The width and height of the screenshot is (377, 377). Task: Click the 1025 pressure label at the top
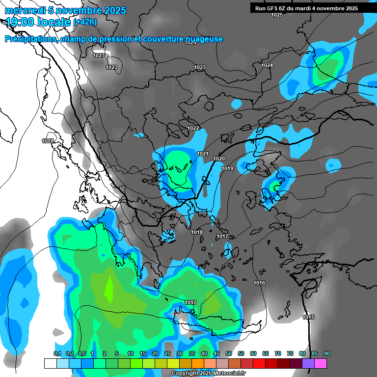click(x=277, y=15)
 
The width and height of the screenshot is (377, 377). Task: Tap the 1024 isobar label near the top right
click(x=267, y=65)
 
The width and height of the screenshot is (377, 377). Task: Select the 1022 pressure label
click(x=193, y=128)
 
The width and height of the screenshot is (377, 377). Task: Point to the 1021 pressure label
click(x=203, y=154)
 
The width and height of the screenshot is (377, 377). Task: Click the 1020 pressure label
click(x=219, y=159)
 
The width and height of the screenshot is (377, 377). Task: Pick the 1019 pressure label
click(x=227, y=168)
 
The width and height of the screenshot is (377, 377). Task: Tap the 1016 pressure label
click(x=259, y=283)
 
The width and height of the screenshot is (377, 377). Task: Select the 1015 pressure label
click(x=308, y=317)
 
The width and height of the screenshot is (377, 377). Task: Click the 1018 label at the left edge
click(x=48, y=141)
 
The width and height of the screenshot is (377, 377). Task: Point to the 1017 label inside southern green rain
click(x=190, y=302)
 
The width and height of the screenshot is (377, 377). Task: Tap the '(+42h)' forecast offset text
click(x=85, y=22)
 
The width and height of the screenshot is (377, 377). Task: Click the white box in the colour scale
click(x=50, y=363)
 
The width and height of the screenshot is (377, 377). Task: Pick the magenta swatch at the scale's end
click(x=321, y=363)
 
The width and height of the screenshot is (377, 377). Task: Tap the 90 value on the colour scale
click(x=327, y=353)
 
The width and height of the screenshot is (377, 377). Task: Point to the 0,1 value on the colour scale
click(x=57, y=353)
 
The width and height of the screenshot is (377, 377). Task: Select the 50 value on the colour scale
click(x=229, y=353)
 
